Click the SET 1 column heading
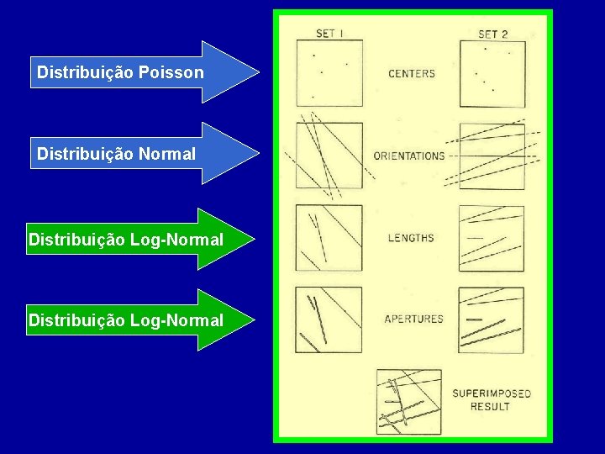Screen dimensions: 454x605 pyautogui.click(x=329, y=34)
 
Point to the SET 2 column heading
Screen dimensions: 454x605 pyautogui.click(x=493, y=34)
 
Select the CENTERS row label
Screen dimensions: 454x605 pyautogui.click(x=412, y=74)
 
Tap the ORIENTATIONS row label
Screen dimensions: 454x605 pyautogui.click(x=409, y=156)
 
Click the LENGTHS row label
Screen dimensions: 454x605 pyautogui.click(x=411, y=238)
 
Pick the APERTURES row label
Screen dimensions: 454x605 pyautogui.click(x=413, y=319)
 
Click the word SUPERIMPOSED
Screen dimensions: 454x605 pyautogui.click(x=492, y=393)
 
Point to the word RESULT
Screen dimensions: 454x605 pyautogui.click(x=490, y=407)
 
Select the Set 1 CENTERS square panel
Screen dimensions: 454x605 pyautogui.click(x=329, y=74)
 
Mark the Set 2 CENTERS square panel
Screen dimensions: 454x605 pyautogui.click(x=492, y=74)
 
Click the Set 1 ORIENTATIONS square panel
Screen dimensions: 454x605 pyautogui.click(x=329, y=156)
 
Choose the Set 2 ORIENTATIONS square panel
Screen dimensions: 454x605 pyautogui.click(x=492, y=156)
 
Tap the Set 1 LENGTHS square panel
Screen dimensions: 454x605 pyautogui.click(x=329, y=238)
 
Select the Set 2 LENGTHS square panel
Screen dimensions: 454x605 pyautogui.click(x=492, y=238)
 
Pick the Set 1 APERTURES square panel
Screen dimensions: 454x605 pyautogui.click(x=329, y=319)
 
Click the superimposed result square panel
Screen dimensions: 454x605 pyautogui.click(x=409, y=401)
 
